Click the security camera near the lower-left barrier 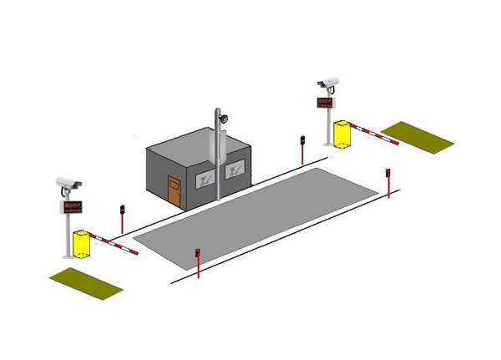68,182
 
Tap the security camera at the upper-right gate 328,83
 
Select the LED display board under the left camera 72,205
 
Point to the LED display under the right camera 325,102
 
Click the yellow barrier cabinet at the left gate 81,244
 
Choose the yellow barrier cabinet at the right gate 342,134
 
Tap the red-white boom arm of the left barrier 114,244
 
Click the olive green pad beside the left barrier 87,282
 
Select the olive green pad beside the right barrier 417,136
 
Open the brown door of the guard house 174,191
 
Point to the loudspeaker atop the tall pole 223,118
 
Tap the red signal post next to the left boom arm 122,218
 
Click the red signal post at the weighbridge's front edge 198,261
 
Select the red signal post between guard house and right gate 301,149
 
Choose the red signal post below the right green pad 388,183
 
